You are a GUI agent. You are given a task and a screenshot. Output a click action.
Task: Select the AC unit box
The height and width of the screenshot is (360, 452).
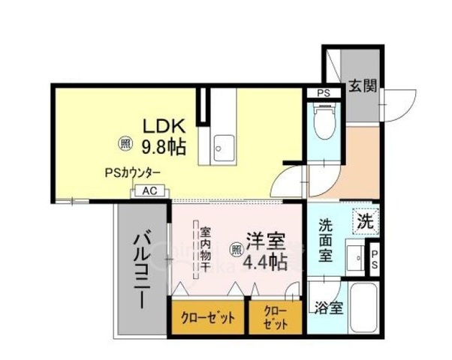149,191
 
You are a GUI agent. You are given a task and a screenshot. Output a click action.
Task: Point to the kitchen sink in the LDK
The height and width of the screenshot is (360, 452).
218,145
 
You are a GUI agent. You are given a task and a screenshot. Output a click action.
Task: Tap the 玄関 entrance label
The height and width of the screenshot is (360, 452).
362,86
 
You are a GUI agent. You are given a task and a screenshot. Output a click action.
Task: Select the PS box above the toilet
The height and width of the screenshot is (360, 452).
324,93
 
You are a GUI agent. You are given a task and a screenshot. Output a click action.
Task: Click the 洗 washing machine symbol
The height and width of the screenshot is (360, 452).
365,222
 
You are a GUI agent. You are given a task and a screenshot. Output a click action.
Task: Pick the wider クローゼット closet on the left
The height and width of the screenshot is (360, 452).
207,317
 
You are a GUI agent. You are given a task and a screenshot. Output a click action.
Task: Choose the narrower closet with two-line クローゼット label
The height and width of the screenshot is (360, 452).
275,317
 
